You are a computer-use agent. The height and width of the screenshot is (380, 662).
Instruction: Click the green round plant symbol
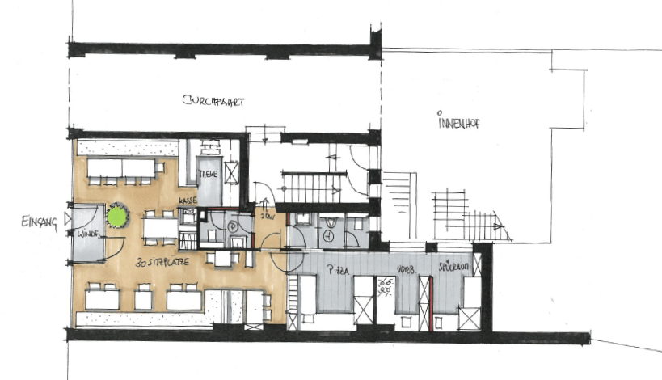118,215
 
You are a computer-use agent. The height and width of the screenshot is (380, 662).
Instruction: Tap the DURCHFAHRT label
213,102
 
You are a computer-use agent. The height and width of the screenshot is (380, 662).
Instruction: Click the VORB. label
405,271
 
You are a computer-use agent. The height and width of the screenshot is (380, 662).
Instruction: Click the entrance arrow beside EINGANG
68,217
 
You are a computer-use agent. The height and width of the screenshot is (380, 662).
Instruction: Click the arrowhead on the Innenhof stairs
509,232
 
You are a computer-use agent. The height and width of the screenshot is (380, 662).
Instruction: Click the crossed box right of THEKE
231,172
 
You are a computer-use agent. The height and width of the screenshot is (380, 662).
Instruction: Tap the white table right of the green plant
160,229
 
